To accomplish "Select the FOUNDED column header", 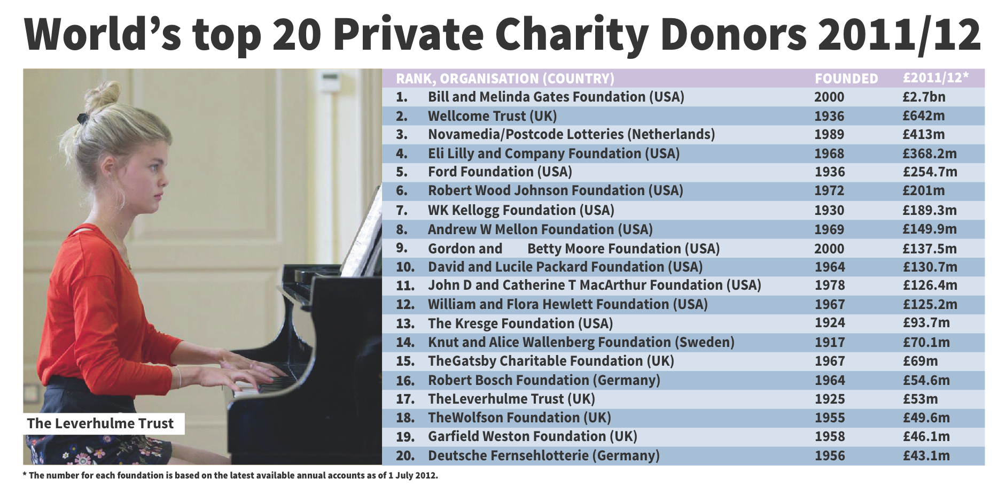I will (846, 79).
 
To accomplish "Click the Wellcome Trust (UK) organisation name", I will (492, 116).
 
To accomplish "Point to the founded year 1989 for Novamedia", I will (829, 135).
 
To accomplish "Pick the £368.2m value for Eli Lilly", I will (929, 154).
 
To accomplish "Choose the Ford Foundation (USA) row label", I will (500, 172).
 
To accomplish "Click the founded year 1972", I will (829, 191).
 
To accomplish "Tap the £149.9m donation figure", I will (929, 229).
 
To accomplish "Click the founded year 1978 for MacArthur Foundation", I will (830, 285).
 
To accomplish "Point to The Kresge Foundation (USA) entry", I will (520, 323).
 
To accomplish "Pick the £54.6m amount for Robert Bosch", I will (926, 381).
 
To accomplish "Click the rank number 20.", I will (405, 456).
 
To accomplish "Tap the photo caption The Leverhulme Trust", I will (100, 423).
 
